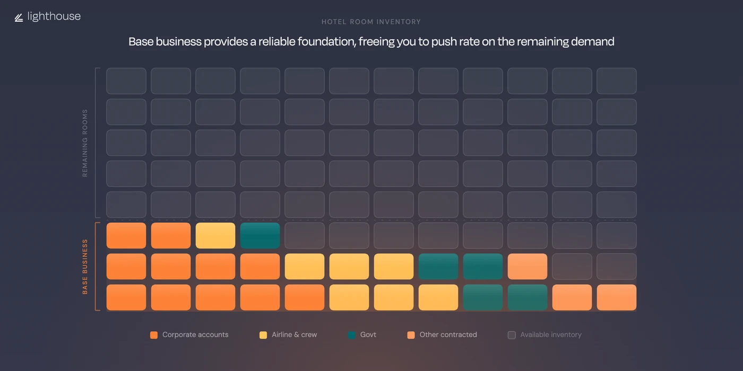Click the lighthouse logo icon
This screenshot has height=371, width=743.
[x=19, y=17]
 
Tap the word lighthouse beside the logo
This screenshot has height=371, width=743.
[x=54, y=16]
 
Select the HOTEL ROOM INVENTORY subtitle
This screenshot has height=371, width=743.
[x=371, y=22]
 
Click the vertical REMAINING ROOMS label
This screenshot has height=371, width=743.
[x=85, y=143]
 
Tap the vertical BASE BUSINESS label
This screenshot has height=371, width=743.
[x=85, y=267]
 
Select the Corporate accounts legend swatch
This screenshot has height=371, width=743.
[x=154, y=335]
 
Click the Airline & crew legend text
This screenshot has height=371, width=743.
[x=294, y=335]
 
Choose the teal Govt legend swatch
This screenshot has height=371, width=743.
[x=351, y=335]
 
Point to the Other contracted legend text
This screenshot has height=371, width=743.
[x=448, y=335]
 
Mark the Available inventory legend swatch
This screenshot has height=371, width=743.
[x=512, y=335]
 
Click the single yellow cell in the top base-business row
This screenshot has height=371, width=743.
[x=215, y=236]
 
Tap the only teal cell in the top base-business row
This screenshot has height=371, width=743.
[x=260, y=236]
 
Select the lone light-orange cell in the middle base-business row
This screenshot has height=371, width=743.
[x=528, y=267]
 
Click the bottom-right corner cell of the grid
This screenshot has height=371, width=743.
[x=617, y=297]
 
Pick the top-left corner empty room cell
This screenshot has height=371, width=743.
[x=126, y=81]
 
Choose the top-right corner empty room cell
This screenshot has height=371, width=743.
[x=617, y=81]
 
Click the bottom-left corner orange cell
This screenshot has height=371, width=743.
[x=126, y=297]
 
